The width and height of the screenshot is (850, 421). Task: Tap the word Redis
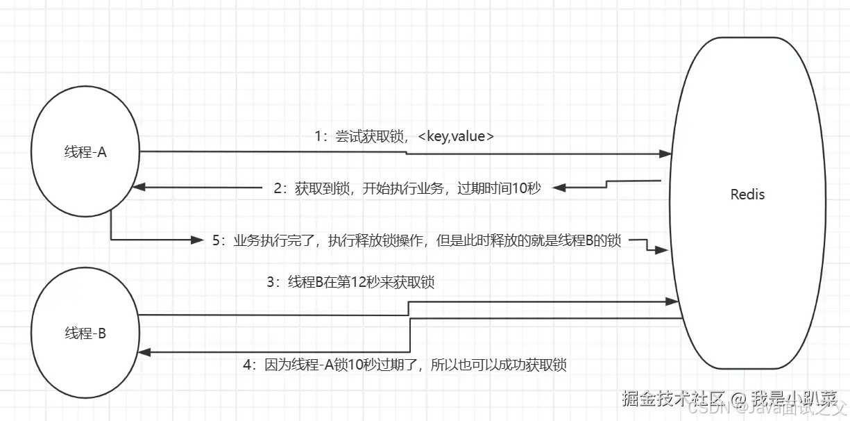(x=747, y=195)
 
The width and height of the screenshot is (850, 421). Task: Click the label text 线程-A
(x=85, y=153)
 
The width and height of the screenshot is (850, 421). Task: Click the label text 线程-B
(x=85, y=333)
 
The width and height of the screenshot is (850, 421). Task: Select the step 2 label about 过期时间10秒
(x=407, y=188)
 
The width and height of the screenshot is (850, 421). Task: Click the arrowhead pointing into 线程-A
(x=138, y=187)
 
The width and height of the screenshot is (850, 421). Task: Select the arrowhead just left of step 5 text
(x=196, y=240)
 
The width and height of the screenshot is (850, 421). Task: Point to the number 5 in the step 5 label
(x=216, y=241)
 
